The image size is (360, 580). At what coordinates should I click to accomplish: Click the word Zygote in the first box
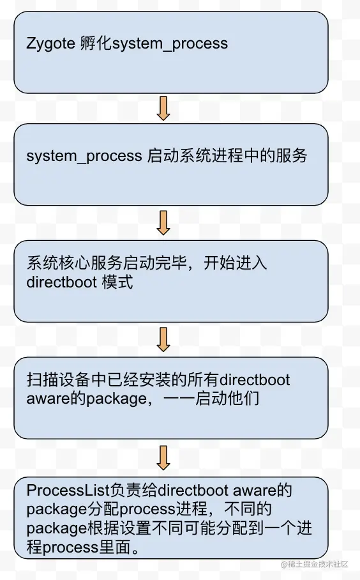(51, 44)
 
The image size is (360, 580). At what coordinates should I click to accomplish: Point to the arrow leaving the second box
(163, 222)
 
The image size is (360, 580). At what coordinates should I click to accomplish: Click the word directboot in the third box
(62, 282)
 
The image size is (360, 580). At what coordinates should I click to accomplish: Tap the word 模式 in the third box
(117, 282)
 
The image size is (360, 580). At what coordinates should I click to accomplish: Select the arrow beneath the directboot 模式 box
(163, 339)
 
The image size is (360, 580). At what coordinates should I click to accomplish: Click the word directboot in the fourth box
(255, 380)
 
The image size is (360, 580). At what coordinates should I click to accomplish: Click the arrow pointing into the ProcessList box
(163, 457)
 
